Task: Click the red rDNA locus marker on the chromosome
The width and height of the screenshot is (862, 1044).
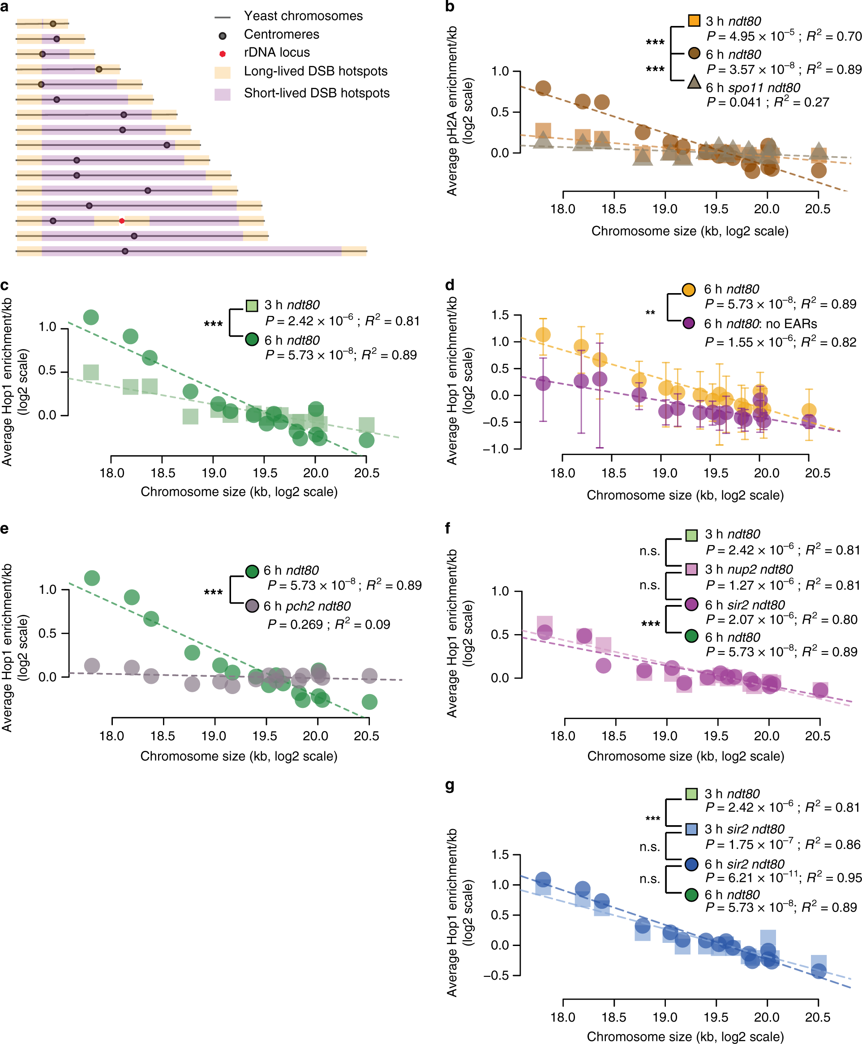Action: point(122,221)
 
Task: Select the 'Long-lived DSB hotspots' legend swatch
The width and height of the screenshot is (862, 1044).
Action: point(223,72)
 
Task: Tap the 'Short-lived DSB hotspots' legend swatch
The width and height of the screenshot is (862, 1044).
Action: point(223,94)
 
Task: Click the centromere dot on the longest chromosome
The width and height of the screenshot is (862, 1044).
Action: point(125,251)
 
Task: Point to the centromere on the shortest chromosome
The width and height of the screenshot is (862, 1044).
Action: point(53,24)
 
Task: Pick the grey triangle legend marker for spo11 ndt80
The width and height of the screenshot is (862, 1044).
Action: point(694,82)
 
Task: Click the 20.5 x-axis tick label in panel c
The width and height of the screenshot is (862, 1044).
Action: point(366,473)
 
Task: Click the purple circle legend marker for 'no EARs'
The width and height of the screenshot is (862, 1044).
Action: point(689,323)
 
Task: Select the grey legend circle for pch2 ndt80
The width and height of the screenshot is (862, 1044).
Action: point(252,605)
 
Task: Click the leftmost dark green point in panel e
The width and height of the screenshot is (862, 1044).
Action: point(92,578)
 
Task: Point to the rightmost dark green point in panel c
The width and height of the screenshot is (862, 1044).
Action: point(366,439)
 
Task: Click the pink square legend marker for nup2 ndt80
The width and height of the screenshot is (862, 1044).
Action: point(691,569)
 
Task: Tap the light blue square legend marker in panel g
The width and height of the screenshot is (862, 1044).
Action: point(691,829)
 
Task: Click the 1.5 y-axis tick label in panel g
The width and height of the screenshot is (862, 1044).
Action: point(500,854)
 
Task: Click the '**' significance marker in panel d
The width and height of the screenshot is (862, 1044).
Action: point(650,313)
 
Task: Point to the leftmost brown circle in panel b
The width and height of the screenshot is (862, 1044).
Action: point(543,88)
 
